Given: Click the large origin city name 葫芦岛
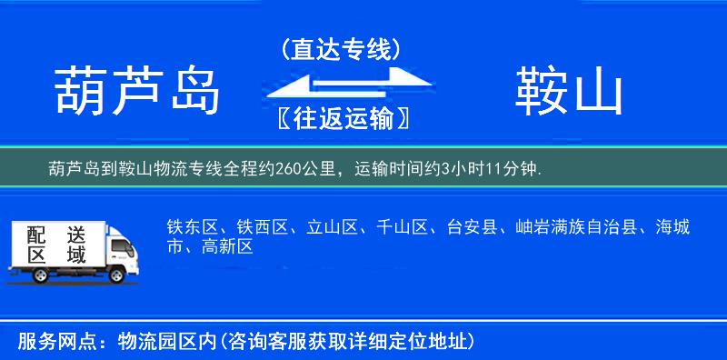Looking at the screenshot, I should (x=138, y=92).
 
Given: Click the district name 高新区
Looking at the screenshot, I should (x=228, y=245).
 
